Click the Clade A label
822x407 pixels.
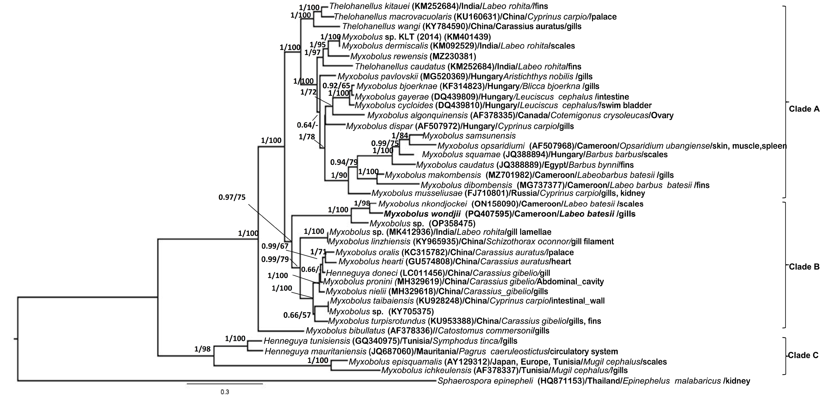804,109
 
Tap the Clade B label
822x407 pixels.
804,267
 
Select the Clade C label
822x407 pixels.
803,355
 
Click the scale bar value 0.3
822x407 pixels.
225,392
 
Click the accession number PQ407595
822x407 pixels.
488,214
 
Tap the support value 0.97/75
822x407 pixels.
232,198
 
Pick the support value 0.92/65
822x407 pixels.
336,86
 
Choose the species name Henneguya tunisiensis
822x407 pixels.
307,341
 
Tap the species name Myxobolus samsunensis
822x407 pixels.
469,136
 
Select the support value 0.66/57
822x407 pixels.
297,315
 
